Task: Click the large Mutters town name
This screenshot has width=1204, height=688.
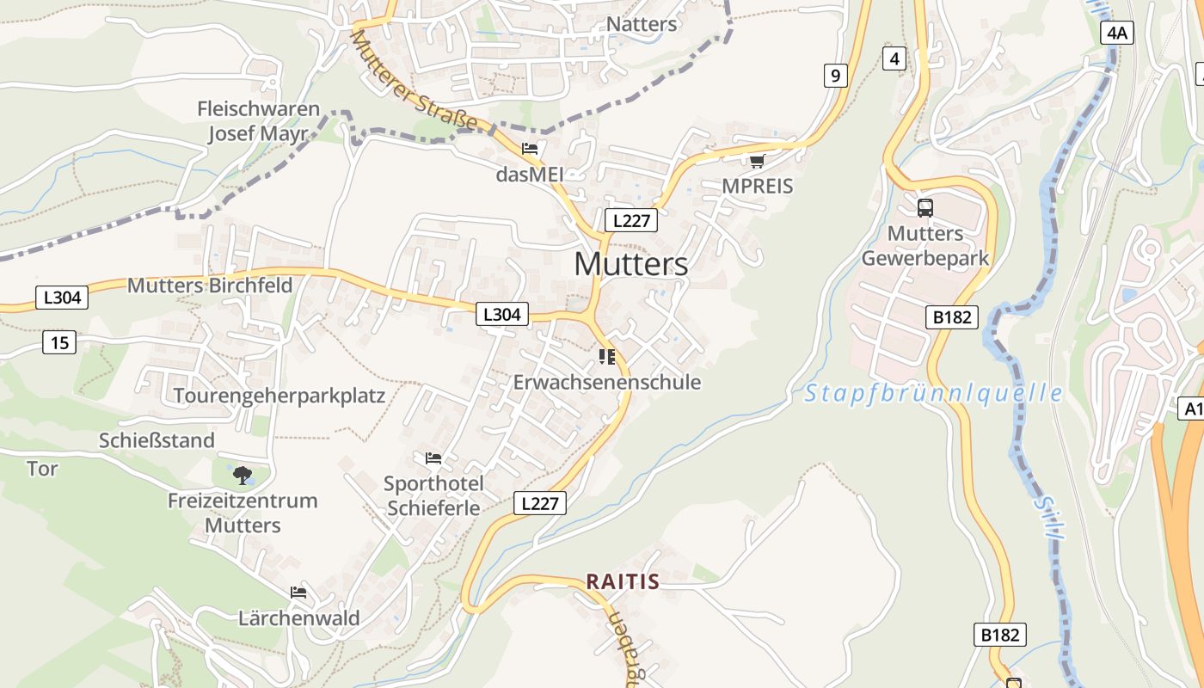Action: click(x=630, y=264)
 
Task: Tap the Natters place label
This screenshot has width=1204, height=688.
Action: click(x=642, y=23)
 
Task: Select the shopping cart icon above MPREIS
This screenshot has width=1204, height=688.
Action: click(x=757, y=161)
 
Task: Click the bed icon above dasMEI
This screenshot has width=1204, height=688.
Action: click(x=530, y=149)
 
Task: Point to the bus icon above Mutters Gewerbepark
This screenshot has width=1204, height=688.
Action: click(x=925, y=207)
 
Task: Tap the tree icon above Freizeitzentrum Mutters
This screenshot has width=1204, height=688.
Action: click(x=243, y=474)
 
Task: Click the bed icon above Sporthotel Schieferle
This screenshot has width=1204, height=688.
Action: click(x=433, y=458)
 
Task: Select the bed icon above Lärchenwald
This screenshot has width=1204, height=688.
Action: click(x=298, y=592)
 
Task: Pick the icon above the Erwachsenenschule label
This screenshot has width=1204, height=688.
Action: click(x=607, y=356)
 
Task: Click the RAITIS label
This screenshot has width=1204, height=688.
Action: click(x=623, y=582)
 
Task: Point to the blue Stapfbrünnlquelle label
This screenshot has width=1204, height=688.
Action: click(x=933, y=394)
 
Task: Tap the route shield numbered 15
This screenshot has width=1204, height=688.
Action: click(x=59, y=342)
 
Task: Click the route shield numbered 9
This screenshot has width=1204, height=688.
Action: click(x=834, y=76)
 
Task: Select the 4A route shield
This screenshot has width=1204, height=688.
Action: click(x=1116, y=33)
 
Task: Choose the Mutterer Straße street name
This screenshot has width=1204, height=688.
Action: click(x=414, y=81)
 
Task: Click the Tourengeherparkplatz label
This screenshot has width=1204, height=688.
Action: click(x=279, y=396)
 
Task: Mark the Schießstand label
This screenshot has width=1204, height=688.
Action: click(x=157, y=440)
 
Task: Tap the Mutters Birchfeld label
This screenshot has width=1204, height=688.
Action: click(x=210, y=286)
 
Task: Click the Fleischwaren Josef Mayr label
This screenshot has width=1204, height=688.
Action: click(x=258, y=121)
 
